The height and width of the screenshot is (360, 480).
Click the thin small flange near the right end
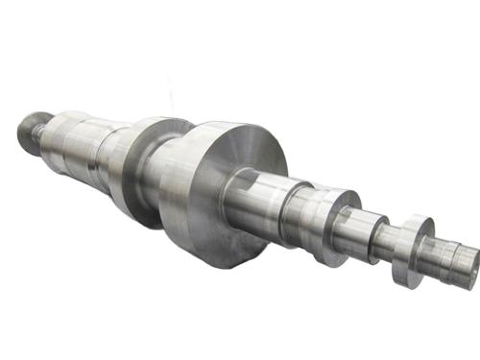pyautogui.click(x=407, y=251)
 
